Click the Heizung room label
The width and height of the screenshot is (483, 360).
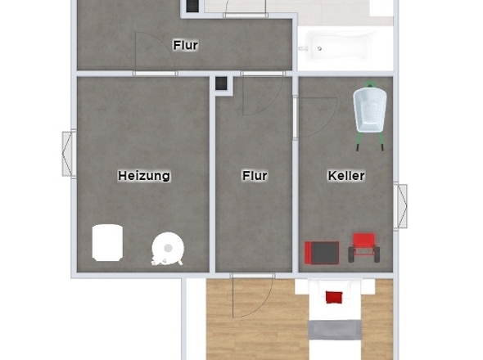click(x=144, y=176)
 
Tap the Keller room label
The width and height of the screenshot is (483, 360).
click(x=346, y=176)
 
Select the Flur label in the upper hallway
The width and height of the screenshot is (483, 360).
click(x=186, y=46)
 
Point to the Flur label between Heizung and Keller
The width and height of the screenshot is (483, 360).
click(x=255, y=176)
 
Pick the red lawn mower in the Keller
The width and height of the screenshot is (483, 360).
click(x=363, y=246)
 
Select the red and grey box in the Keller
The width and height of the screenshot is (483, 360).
click(x=322, y=252)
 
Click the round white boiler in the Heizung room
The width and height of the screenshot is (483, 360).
click(x=168, y=247)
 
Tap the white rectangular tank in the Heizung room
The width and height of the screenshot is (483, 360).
click(x=107, y=242)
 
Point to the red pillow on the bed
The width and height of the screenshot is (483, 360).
click(x=334, y=296)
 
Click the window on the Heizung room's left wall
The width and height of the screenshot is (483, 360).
click(x=69, y=153)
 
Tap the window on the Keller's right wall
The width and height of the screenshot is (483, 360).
click(x=401, y=206)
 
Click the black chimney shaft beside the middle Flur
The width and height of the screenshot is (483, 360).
click(x=221, y=82)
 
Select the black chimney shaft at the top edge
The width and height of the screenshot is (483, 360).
click(x=192, y=7)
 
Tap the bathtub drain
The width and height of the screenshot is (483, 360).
click(x=318, y=49)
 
